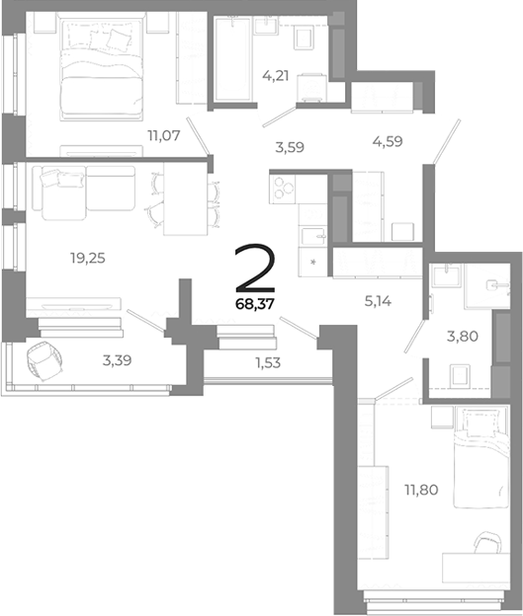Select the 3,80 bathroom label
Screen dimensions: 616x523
coord(463,336)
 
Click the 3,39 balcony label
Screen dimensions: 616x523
coord(119,360)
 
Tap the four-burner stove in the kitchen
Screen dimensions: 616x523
coord(284,187)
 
